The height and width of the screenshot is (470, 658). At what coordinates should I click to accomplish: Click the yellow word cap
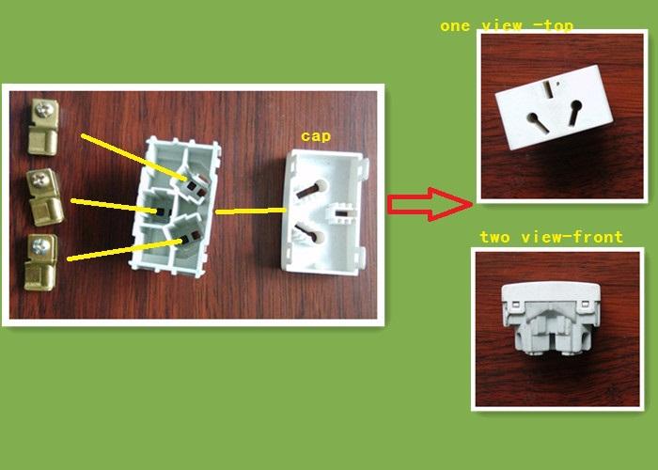pos(316,136)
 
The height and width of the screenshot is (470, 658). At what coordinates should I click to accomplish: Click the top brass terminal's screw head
pos(44,110)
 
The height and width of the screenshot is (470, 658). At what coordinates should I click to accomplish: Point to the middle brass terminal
pos(45,196)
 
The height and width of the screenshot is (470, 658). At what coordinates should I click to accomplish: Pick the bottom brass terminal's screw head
pos(41,246)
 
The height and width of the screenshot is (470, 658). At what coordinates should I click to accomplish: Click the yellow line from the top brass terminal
pos(133,157)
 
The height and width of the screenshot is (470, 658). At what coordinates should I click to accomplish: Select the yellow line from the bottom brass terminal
pos(125,250)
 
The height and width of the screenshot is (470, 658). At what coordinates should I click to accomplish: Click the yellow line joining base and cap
pos(251,211)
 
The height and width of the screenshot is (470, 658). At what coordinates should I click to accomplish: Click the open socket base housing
pos(176,206)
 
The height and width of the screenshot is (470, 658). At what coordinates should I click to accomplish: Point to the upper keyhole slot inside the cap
pos(311,189)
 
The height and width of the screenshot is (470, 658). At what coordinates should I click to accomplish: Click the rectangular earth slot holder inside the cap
pos(340,212)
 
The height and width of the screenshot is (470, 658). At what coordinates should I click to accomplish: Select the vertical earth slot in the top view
pos(548,88)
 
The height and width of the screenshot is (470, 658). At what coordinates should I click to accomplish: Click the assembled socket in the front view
pos(552,319)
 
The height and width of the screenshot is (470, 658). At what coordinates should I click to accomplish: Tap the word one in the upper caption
pos(455,26)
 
